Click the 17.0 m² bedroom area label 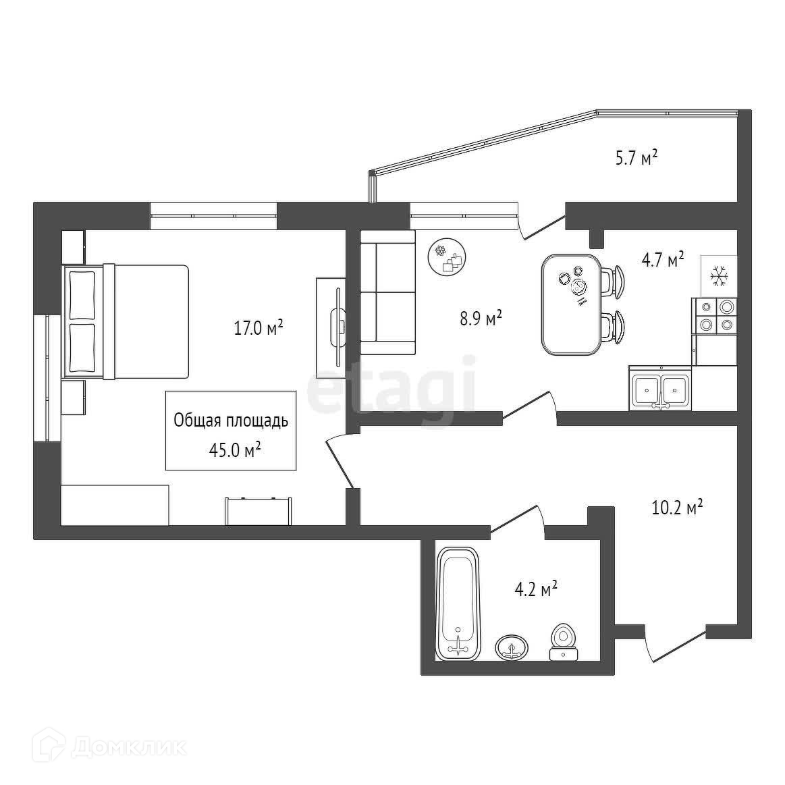tap(256, 329)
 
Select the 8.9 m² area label tap(481, 318)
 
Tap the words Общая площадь tap(231, 421)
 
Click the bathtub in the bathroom tap(458, 603)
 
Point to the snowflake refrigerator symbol tap(718, 275)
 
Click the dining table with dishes tap(571, 304)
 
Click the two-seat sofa tap(387, 292)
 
